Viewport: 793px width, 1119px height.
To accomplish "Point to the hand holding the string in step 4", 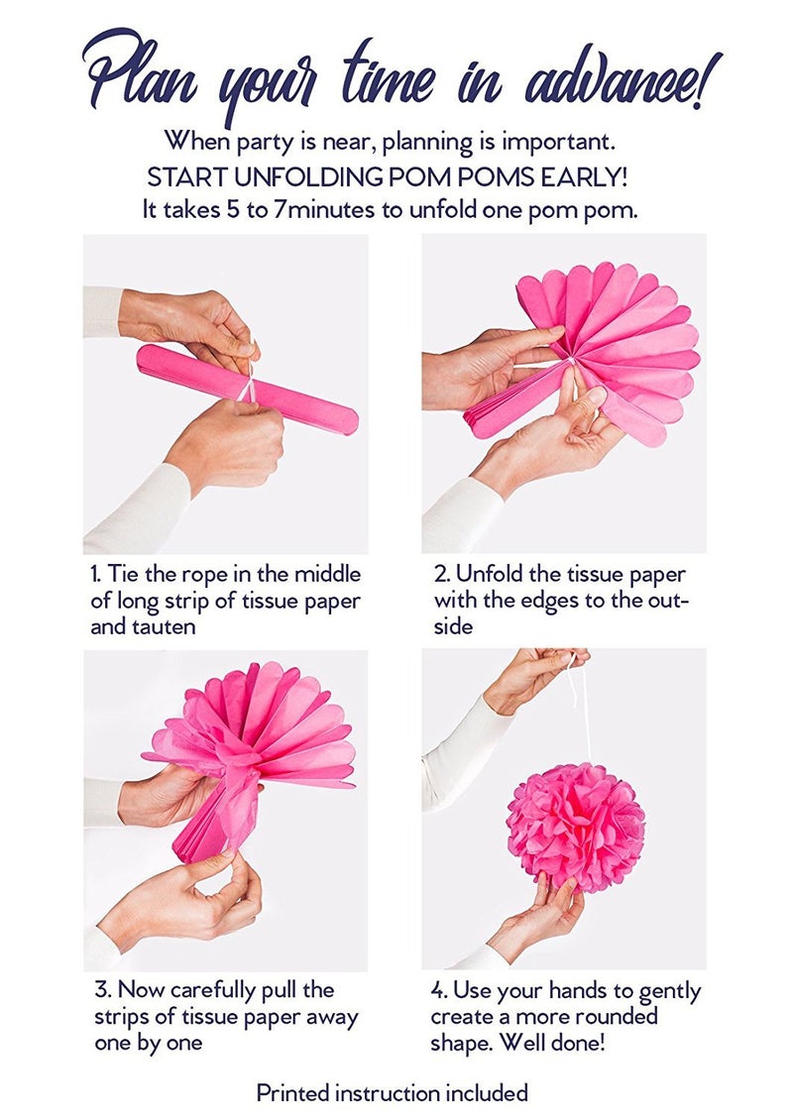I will tap(535, 674).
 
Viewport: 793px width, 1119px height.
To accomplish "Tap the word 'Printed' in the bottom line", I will tap(292, 1093).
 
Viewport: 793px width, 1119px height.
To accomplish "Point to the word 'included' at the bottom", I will tap(485, 1093).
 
